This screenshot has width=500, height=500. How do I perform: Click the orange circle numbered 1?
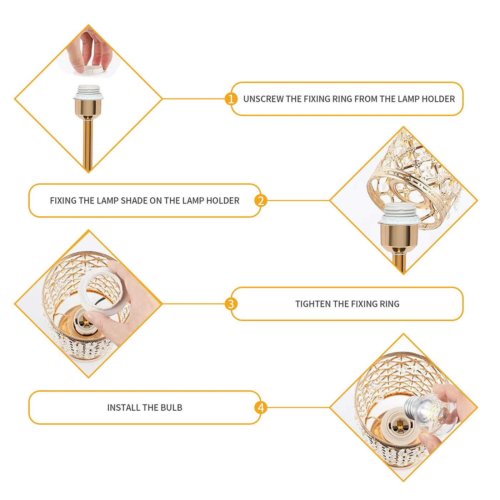pyautogui.click(x=231, y=99)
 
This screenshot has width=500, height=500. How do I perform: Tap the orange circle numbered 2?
pyautogui.click(x=261, y=201)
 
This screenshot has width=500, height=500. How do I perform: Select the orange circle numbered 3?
pyautogui.click(x=231, y=304)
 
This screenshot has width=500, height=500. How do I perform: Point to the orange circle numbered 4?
pyautogui.click(x=261, y=407)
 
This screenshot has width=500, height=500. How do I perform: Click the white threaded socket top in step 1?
pyautogui.click(x=88, y=92)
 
